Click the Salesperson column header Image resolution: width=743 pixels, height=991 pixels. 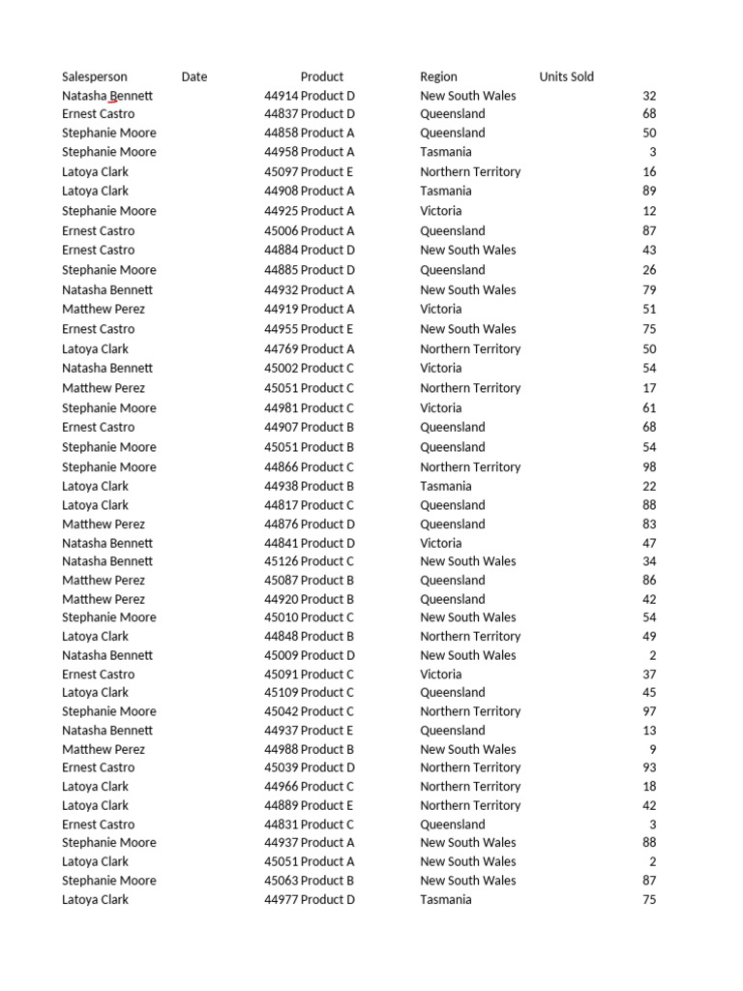point(95,76)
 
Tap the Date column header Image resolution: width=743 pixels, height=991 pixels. point(194,76)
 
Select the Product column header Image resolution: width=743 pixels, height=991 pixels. point(322,76)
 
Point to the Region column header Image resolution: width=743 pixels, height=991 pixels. point(439,76)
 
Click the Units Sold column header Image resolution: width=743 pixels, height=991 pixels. point(567,76)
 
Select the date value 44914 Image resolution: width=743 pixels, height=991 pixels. point(281,96)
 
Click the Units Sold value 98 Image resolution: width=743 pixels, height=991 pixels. point(649,466)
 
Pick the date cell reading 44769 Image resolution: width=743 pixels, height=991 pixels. point(281,348)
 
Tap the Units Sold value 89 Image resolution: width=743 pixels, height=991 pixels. point(649,191)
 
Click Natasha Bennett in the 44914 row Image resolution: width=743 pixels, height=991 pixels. point(107,96)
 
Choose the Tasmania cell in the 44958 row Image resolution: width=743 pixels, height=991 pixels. point(446,152)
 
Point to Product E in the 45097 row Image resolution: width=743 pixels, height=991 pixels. point(328,171)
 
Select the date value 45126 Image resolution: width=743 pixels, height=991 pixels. point(281,561)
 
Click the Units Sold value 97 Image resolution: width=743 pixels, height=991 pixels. point(649,711)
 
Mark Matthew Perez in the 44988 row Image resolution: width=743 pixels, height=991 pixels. point(104,749)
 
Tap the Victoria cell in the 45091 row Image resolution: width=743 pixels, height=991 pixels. point(441,674)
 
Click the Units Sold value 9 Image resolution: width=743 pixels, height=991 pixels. point(652,749)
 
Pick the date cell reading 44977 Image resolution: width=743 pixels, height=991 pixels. point(281,899)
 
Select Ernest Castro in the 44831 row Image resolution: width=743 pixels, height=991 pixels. point(99,825)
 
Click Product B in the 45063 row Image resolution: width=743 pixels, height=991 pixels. point(328,881)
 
